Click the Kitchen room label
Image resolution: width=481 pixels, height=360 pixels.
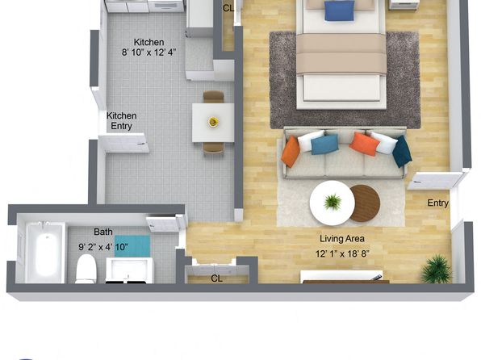(148, 42)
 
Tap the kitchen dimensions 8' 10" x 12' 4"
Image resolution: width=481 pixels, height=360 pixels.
(148, 52)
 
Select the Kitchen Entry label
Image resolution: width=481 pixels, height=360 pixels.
(122, 121)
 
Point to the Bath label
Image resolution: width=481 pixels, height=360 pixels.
(103, 232)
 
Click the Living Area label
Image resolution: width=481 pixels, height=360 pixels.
(342, 238)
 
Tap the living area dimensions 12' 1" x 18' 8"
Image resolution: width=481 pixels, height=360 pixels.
(342, 253)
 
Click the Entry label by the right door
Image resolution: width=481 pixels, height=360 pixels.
(438, 203)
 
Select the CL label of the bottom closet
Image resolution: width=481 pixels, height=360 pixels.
(216, 278)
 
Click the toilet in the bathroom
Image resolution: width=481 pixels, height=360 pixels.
(86, 269)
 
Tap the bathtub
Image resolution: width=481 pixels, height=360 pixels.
(45, 253)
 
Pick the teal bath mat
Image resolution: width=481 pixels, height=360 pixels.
(132, 246)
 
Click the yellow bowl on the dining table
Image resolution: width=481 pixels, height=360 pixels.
(213, 122)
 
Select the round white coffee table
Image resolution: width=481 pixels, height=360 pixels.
(333, 203)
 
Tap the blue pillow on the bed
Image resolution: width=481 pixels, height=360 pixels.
(339, 10)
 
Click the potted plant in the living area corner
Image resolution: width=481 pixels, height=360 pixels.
(437, 269)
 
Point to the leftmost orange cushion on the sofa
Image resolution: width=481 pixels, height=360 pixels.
(291, 152)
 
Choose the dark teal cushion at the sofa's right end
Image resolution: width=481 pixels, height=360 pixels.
(402, 151)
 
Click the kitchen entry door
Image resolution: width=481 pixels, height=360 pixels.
(123, 143)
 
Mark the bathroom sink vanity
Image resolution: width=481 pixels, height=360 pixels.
(129, 270)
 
